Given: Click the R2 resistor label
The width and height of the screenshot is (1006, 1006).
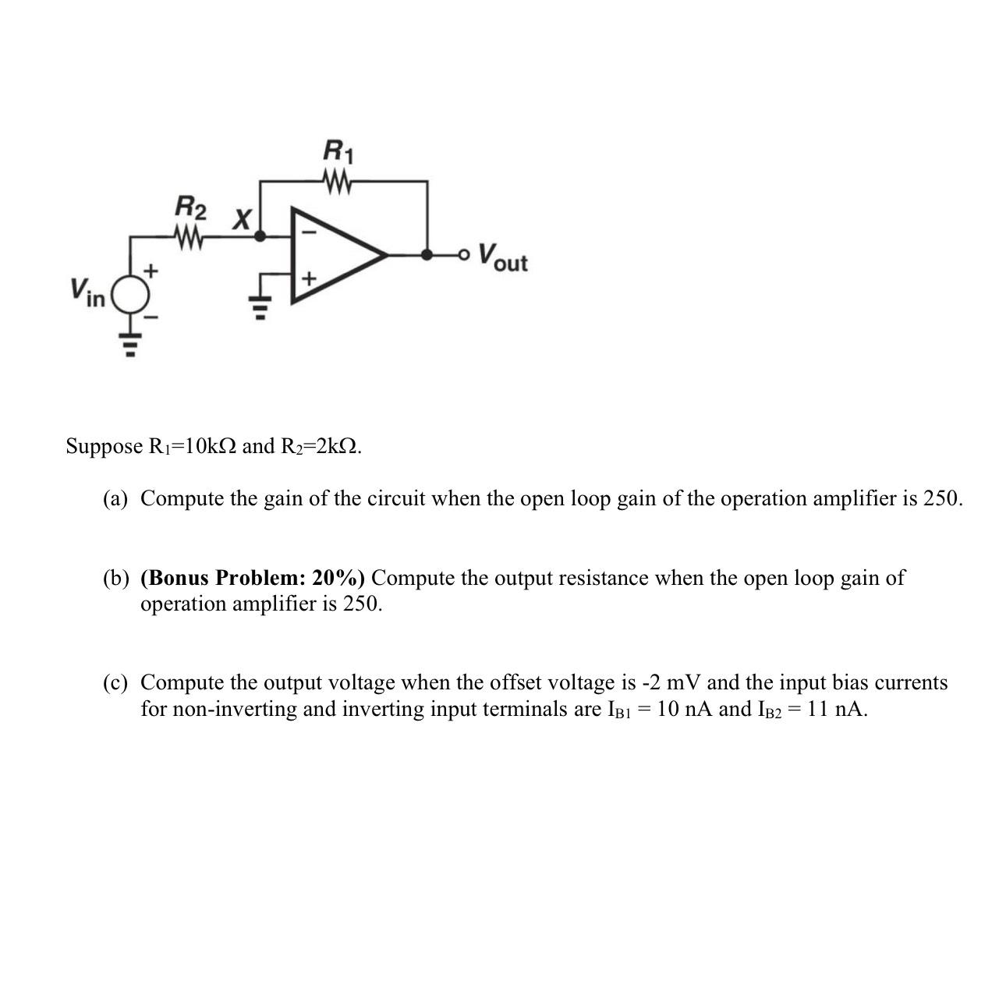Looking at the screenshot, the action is [x=190, y=208].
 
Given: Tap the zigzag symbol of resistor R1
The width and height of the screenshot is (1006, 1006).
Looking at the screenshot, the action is [x=337, y=183].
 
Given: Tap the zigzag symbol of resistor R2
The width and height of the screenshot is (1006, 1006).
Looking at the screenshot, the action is [x=190, y=236].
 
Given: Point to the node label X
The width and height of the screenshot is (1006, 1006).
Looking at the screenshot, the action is [x=243, y=220].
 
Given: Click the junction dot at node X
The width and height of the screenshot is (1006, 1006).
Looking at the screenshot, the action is [x=260, y=235].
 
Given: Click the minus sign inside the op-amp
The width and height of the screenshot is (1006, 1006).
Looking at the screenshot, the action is [x=309, y=232].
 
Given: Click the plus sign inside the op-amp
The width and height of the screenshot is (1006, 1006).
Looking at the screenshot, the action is [x=309, y=278].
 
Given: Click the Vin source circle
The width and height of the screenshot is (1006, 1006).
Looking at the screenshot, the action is [x=130, y=295].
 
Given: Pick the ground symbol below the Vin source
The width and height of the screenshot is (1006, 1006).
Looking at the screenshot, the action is [x=130, y=342].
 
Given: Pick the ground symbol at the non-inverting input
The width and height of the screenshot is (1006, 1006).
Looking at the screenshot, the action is [x=260, y=307].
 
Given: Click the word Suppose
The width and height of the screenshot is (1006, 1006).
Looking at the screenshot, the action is [x=104, y=446].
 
